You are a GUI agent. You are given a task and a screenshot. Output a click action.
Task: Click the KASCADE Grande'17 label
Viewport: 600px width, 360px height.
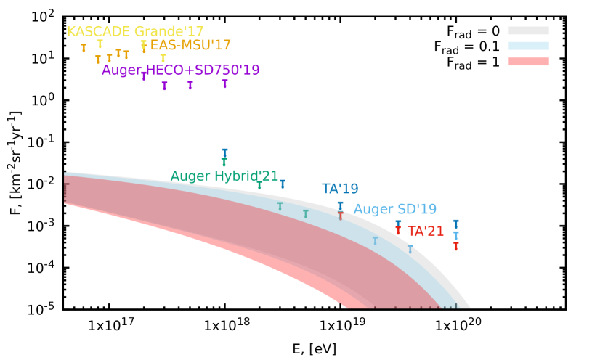[x=135, y=32]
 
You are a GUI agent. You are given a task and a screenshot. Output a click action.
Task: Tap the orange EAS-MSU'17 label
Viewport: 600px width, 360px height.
[x=190, y=46]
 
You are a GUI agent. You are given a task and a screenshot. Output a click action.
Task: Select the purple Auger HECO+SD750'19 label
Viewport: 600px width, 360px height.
[x=181, y=70]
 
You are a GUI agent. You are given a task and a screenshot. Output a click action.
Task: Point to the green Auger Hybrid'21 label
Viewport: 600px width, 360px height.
[x=224, y=176]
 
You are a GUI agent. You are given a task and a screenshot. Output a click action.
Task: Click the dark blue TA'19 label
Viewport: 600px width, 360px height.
[x=340, y=189]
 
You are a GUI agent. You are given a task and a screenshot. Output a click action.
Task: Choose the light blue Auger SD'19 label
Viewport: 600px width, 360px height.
[x=395, y=210]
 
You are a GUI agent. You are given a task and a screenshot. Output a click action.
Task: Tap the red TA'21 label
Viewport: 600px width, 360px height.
[x=426, y=232]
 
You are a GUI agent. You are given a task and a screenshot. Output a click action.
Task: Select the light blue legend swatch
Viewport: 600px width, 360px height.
[x=528, y=46]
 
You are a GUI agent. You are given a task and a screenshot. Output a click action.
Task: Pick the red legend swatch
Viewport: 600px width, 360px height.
[x=528, y=62]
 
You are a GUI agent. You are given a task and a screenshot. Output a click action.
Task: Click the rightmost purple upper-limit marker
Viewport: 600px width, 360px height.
[x=224, y=83]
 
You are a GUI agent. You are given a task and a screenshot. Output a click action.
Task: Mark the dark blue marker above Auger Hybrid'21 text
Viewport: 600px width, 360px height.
[x=224, y=152]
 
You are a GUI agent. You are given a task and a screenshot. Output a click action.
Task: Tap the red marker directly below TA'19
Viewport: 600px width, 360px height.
[x=340, y=216]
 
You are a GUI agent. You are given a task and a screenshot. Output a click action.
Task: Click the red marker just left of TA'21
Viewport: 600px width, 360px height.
[x=398, y=230]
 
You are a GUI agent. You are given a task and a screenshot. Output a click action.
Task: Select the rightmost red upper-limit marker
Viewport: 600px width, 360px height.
[x=455, y=246]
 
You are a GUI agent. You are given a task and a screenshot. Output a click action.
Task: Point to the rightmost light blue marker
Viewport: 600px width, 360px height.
[x=455, y=235]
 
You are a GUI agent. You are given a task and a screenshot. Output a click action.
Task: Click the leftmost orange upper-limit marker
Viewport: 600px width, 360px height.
[x=84, y=48]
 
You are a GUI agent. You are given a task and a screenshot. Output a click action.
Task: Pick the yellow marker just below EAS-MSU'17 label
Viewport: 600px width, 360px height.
[x=163, y=58]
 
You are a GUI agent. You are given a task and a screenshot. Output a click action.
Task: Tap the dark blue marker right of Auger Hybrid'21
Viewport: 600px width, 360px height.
[x=283, y=184]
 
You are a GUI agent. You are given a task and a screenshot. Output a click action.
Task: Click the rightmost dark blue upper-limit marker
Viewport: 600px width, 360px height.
[x=455, y=224]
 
